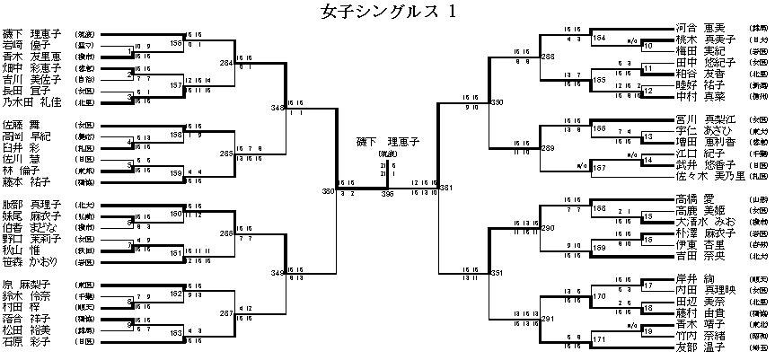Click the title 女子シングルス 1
click(x=389, y=12)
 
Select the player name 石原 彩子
click(x=24, y=341)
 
